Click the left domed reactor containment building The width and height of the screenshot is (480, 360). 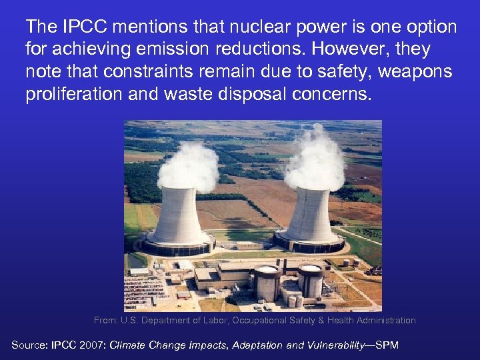click(267, 283)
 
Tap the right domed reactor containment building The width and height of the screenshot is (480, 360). click(310, 281)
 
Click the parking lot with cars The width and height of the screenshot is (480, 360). click(143, 290)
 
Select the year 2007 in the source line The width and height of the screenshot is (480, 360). click(92, 345)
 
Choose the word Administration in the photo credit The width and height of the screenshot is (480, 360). click(386, 321)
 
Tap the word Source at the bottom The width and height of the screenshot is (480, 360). click(29, 345)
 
